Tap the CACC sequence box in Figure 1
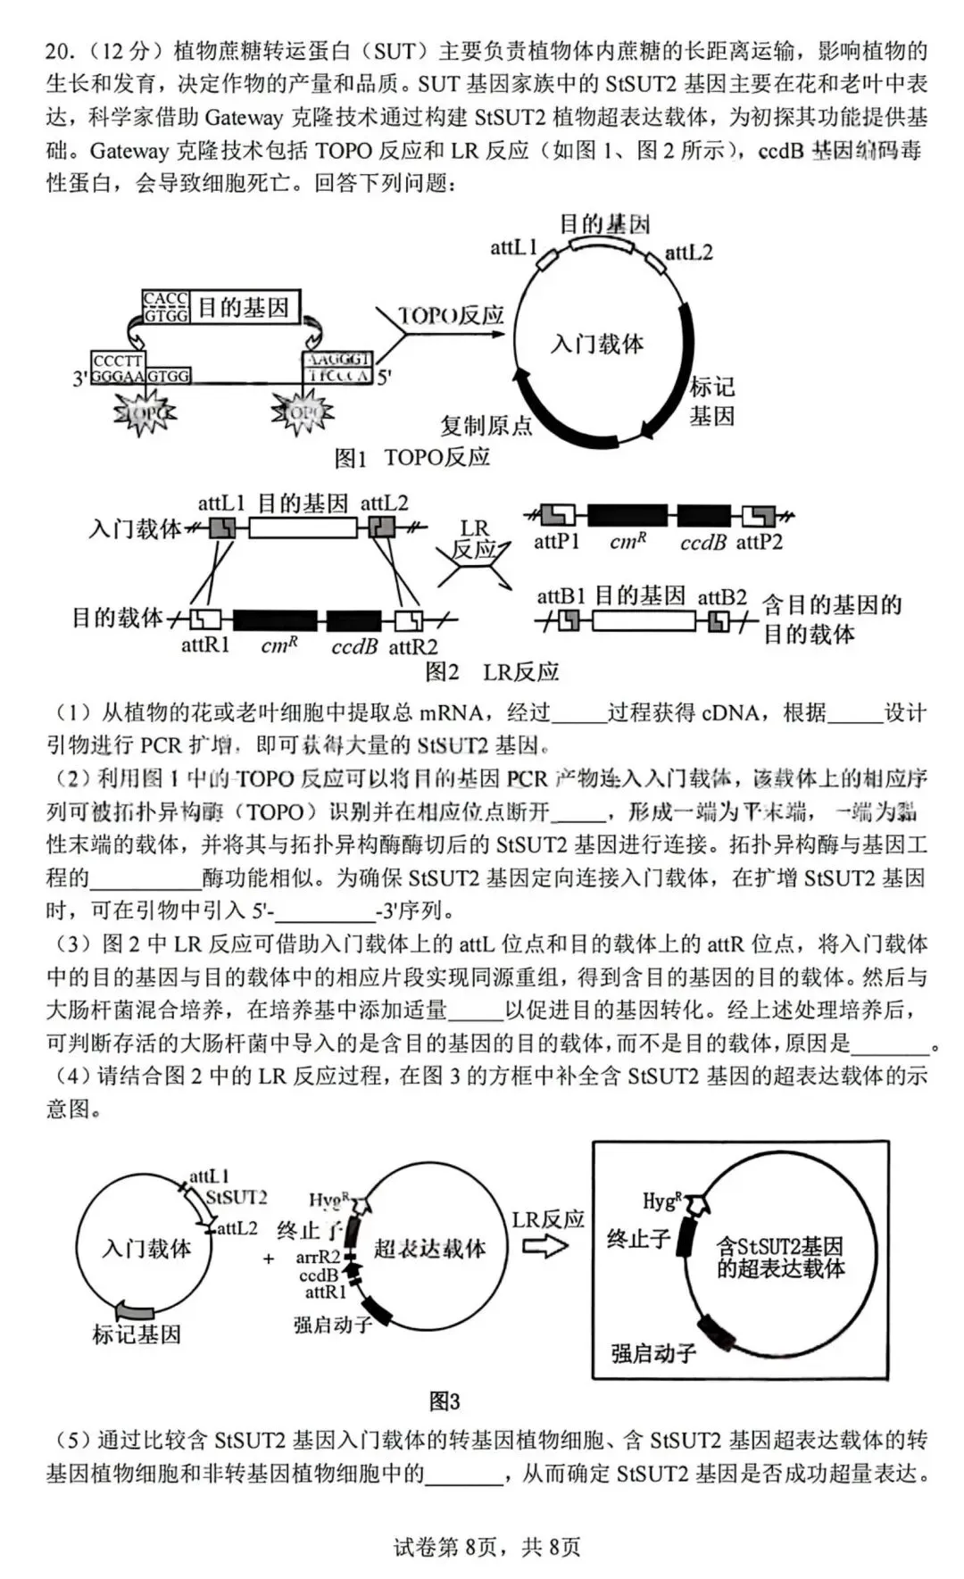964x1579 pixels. [166, 299]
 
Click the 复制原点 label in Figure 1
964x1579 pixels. [486, 425]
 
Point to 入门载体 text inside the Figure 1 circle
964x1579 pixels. [597, 344]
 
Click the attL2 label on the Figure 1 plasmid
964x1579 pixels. [688, 253]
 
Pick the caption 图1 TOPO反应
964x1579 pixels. [412, 458]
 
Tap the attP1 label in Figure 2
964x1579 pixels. [556, 542]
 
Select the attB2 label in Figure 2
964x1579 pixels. [721, 597]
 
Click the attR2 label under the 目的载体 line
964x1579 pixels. [412, 646]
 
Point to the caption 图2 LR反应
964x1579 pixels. [491, 671]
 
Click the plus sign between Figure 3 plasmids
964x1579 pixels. [269, 1259]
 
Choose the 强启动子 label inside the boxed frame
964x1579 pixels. [653, 1353]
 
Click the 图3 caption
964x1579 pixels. [445, 1401]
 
